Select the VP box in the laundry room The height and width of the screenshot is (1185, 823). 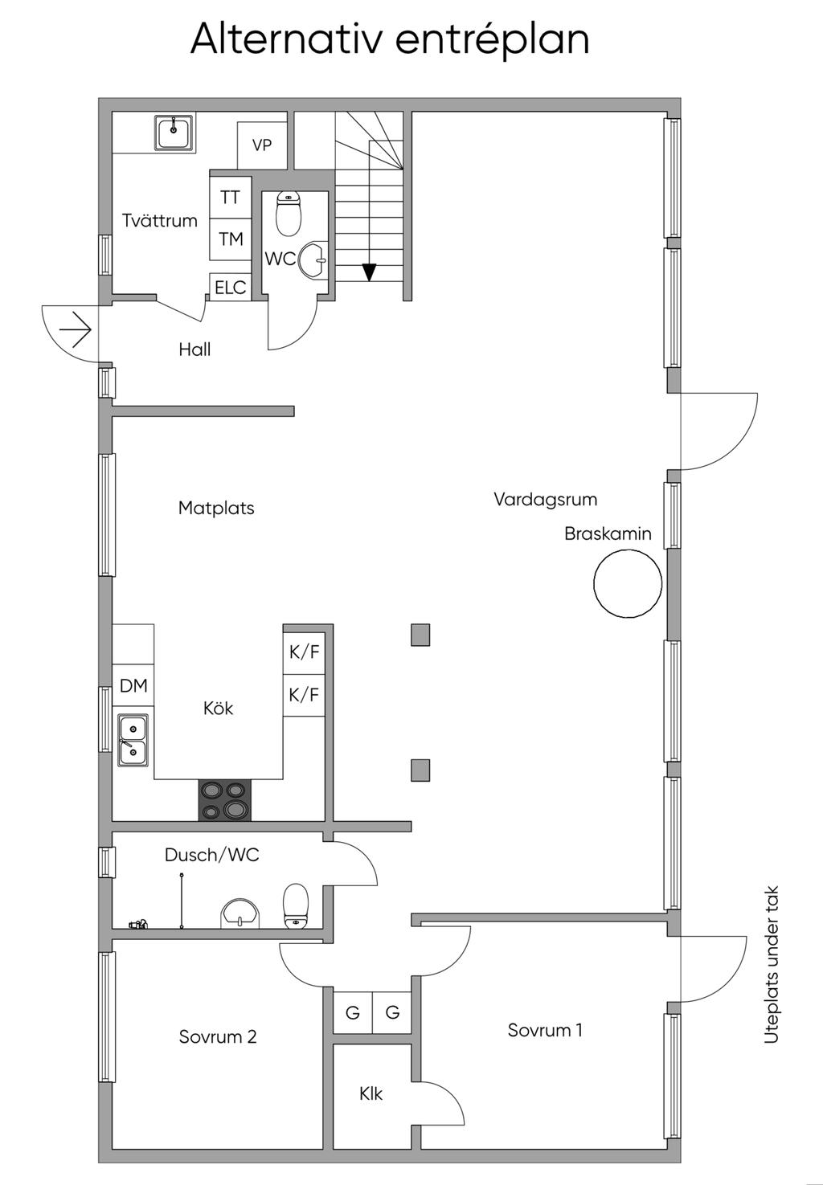click(262, 145)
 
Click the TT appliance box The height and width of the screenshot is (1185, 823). click(230, 198)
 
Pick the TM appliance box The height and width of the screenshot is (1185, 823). click(230, 239)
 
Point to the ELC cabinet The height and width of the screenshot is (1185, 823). click(230, 287)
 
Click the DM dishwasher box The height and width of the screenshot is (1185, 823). click(133, 685)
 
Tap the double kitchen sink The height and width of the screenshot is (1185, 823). click(133, 740)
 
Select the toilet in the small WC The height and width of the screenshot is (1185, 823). click(289, 213)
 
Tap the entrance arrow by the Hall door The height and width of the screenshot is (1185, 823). click(76, 329)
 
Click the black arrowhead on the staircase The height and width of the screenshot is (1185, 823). click(369, 272)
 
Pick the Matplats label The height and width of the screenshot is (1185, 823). click(216, 508)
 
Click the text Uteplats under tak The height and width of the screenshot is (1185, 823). click(772, 964)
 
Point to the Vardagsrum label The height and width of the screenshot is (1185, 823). click(545, 500)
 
